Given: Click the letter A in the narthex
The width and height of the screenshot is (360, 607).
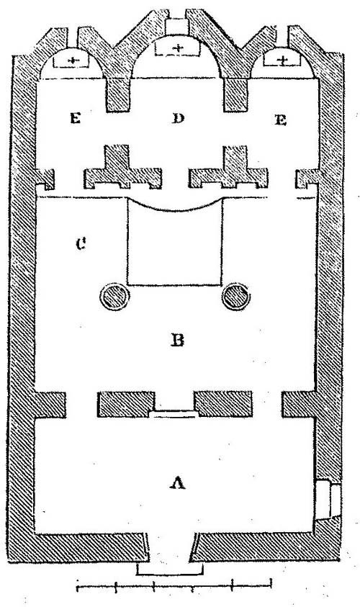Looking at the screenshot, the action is click(178, 482).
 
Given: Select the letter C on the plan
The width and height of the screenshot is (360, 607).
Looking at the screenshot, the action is click(81, 244).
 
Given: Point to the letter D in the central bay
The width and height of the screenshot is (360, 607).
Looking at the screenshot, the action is click(178, 119).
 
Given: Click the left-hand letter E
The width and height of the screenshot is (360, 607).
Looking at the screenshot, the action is click(75, 119).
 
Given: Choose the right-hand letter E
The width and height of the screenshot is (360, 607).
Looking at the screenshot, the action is click(281, 120).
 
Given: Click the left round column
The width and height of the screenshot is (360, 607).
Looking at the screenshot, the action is click(114, 297).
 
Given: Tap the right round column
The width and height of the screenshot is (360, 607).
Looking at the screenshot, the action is click(236, 297).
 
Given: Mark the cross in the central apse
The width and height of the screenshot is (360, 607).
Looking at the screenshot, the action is click(178, 48).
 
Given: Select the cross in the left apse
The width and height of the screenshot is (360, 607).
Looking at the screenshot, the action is click(72, 60).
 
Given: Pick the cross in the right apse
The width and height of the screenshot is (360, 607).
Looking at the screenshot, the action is click(284, 60).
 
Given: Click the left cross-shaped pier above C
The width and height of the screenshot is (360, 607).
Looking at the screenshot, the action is click(122, 168).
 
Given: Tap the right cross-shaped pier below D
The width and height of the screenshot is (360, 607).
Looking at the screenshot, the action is click(228, 168).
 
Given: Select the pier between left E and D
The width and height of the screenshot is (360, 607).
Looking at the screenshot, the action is click(117, 95).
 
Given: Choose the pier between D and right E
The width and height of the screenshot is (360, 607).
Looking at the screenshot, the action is click(235, 95).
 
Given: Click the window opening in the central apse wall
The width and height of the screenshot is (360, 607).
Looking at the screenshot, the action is click(177, 27).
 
